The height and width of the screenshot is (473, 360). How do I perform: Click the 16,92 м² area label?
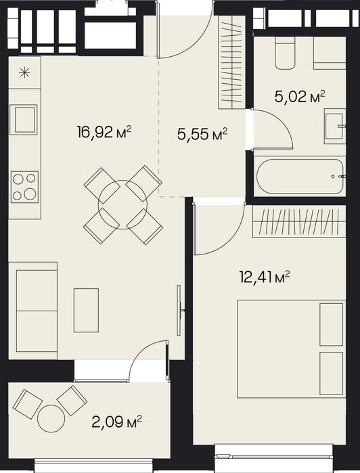(104, 132)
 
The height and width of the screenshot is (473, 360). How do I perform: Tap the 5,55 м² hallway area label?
(202, 134)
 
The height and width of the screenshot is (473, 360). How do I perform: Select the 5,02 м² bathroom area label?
(300, 97)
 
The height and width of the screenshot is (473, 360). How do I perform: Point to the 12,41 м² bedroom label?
(265, 277)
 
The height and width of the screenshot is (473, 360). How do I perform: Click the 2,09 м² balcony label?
(117, 422)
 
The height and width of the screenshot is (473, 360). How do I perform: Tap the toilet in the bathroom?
(285, 53)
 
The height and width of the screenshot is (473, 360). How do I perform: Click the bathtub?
(300, 177)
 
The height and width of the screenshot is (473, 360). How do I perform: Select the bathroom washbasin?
(335, 126)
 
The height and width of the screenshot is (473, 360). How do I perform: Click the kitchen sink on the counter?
(24, 120)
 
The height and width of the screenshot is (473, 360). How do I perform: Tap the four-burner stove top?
(25, 187)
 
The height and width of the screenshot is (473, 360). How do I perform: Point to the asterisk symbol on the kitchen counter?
(24, 72)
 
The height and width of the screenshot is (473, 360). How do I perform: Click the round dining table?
(122, 205)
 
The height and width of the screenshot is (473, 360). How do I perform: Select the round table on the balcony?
(51, 418)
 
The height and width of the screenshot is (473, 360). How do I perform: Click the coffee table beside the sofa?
(87, 311)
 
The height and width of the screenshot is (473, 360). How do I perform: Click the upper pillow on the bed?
(332, 324)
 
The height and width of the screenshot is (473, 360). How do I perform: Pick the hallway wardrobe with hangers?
(231, 62)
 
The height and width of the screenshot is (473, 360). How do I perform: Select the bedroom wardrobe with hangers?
(299, 221)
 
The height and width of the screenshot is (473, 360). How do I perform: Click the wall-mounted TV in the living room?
(179, 310)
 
